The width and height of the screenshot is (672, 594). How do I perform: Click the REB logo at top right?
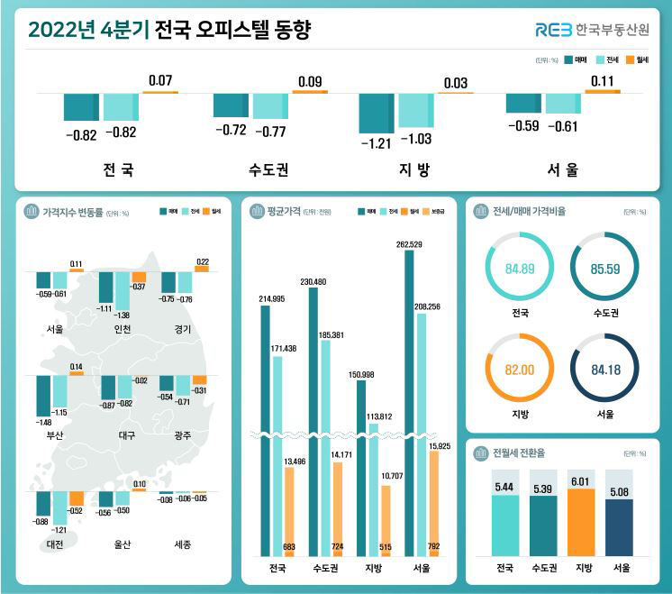[553, 30]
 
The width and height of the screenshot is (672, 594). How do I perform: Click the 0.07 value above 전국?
[159, 81]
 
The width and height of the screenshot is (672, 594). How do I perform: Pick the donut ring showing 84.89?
[517, 268]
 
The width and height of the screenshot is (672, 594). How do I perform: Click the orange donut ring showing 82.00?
[517, 370]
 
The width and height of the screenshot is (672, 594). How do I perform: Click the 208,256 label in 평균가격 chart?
[428, 307]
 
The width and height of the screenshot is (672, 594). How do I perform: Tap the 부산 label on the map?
[55, 434]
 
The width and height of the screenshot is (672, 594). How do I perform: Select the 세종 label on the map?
[183, 544]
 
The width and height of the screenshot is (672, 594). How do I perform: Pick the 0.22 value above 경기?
[202, 261]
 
